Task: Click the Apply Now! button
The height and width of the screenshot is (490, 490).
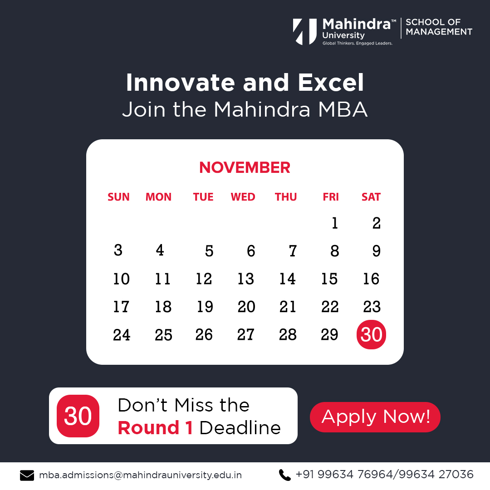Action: coord(375,417)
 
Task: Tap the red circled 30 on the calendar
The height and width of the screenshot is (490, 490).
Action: coord(371,335)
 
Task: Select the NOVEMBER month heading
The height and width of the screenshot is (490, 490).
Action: coord(245,168)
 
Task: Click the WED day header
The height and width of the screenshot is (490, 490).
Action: coord(243,197)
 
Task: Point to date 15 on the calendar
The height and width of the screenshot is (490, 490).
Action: coord(329,279)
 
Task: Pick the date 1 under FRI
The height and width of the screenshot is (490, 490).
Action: coord(335,223)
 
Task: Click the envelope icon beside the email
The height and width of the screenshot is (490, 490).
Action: coord(27,475)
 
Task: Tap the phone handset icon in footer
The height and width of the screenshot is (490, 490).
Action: coord(284,475)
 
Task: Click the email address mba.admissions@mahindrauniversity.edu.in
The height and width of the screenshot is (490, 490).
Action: coord(140,475)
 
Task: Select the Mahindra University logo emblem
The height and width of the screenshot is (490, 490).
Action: coord(305,31)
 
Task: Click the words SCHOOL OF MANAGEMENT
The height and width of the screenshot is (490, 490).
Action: coord(439,27)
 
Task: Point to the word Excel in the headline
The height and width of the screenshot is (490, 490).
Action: coord(331,83)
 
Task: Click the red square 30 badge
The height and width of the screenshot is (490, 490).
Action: coord(78,416)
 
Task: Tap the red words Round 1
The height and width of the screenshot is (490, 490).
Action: coord(155,428)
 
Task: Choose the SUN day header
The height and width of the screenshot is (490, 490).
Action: coord(118,197)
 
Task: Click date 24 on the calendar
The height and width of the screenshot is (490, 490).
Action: coord(122,335)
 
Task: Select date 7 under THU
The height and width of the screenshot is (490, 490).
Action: coord(293,251)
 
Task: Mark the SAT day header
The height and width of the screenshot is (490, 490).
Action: coord(371,197)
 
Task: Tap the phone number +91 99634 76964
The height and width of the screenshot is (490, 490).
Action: coord(343,475)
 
